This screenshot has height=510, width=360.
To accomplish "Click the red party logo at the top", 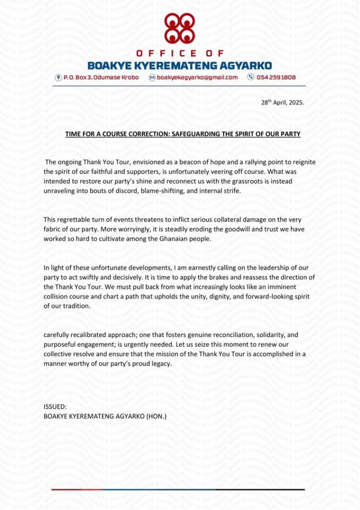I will tap(180, 29).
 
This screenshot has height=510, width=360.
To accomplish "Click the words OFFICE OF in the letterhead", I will tap(180, 53).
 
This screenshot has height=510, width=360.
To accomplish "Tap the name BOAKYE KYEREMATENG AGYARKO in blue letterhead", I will tap(180, 65).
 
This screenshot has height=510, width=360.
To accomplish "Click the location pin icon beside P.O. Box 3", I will tap(58, 78).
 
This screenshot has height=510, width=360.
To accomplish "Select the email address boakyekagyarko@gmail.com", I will tap(197, 78).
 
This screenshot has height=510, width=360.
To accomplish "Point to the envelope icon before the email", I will tap(152, 78).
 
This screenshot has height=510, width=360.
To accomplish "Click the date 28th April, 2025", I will tap(282, 103).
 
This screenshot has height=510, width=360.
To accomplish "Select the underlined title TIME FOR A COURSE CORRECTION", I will tap(183, 134).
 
